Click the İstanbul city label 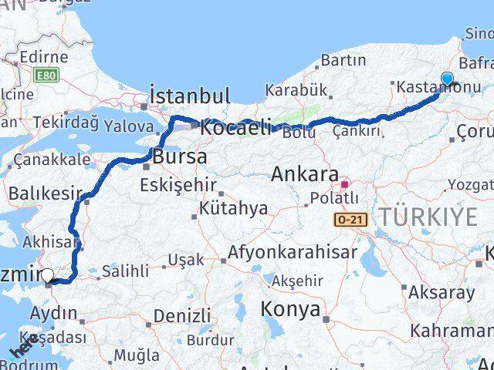(189, 96)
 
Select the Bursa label (180, 156)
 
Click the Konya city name (291, 309)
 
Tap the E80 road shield (46, 75)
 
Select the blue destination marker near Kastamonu (447, 79)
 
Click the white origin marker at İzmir (48, 275)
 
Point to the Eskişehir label (178, 185)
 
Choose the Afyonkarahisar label (293, 252)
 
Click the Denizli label (181, 315)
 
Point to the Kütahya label (233, 208)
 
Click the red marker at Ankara (344, 184)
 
